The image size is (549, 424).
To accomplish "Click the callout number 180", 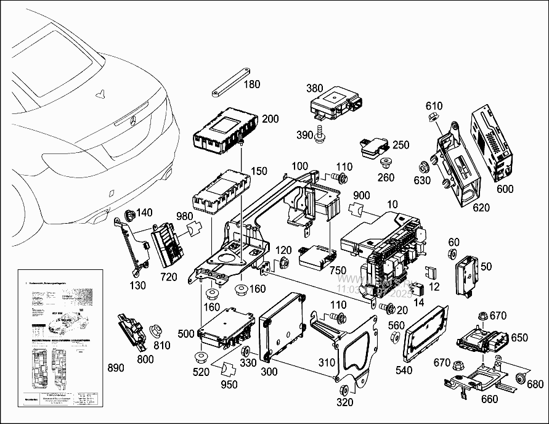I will (253, 84).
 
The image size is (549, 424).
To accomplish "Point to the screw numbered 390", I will (320, 133).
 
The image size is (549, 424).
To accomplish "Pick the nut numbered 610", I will (432, 117).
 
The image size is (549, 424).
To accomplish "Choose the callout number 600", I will (505, 189).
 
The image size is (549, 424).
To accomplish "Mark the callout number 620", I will (481, 208).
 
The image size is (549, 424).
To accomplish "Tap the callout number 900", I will (362, 195).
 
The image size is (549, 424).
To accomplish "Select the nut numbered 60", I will (453, 255).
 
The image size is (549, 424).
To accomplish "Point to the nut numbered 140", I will (130, 215).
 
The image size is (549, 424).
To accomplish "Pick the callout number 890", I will (115, 368).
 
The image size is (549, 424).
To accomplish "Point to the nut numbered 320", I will (344, 389).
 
